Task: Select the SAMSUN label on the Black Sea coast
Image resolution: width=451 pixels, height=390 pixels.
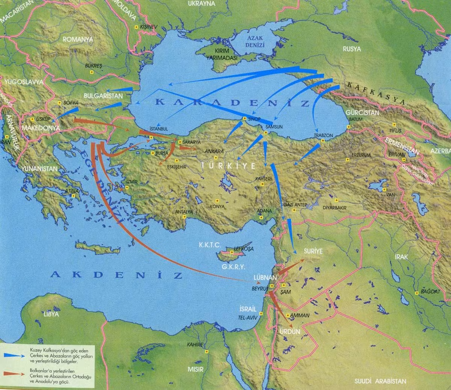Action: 274,127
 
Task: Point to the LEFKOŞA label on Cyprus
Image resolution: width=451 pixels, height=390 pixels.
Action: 244,249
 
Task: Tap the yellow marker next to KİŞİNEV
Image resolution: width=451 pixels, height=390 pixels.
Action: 136,27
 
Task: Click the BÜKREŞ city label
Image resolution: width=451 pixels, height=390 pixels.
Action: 94,65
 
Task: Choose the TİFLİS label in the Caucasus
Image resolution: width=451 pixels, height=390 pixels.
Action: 395,130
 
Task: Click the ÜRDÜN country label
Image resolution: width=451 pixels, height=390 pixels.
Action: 290,332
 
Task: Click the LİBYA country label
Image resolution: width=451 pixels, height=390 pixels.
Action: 51,314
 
